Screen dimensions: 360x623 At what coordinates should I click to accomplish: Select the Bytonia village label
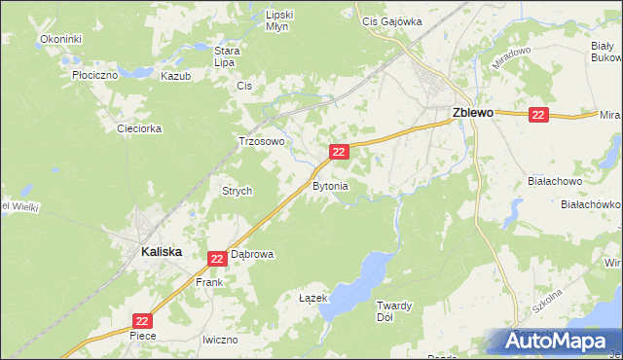tap(329, 185)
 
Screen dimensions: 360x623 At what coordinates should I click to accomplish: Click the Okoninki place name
tap(61, 39)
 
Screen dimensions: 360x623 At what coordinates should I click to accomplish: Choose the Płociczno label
tap(94, 74)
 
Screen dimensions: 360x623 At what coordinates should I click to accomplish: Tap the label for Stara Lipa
tap(227, 55)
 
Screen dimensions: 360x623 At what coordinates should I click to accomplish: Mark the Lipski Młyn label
tap(279, 21)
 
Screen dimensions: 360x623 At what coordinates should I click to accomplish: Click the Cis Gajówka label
tap(391, 20)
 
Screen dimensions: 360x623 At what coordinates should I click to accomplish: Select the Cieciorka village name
tap(138, 128)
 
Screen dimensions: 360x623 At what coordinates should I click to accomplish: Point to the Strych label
tap(238, 192)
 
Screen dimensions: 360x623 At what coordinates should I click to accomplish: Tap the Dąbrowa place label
tap(252, 254)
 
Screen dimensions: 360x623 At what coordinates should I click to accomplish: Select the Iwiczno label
tap(220, 340)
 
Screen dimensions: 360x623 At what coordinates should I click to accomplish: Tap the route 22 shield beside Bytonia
tap(339, 152)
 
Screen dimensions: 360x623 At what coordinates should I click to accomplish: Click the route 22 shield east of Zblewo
tap(540, 115)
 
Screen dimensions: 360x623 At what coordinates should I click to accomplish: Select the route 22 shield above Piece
tap(142, 320)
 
